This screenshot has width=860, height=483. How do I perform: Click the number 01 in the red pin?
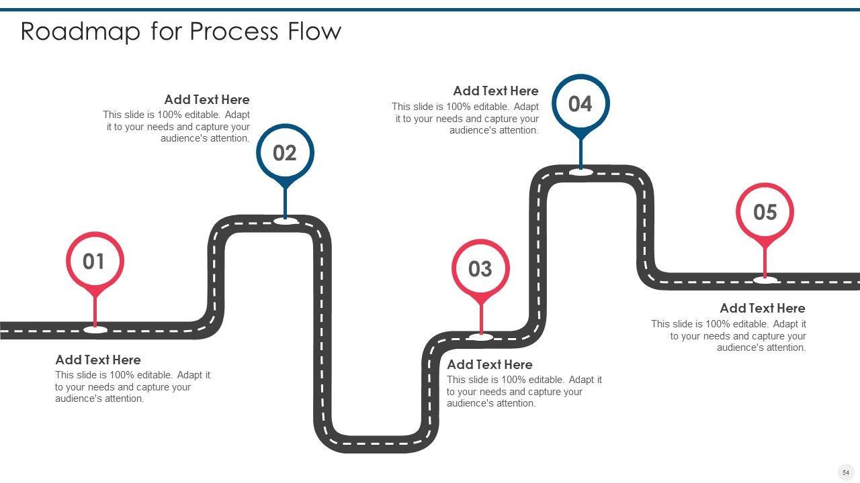94,262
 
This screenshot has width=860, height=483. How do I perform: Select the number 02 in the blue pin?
285,154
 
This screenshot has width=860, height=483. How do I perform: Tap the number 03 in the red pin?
480,270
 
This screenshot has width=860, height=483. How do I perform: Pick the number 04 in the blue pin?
580,104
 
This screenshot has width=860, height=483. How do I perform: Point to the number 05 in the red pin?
765,213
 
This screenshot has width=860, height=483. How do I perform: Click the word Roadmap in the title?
81,32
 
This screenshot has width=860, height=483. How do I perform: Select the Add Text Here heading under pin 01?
98,360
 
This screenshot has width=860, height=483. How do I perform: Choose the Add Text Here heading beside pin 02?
207,99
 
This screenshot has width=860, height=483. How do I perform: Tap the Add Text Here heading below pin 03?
490,364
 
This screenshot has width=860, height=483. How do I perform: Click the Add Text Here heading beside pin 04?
496,91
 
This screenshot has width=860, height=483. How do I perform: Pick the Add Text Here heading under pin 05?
763,308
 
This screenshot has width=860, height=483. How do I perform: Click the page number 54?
846,472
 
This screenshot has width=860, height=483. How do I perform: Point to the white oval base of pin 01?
95,329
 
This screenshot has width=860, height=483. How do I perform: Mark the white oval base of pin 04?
580,172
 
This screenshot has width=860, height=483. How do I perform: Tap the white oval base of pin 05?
765,280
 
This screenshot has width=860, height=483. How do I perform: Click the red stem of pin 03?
480,315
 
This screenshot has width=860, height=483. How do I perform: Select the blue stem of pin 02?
285,201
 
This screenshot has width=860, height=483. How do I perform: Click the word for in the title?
166,32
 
